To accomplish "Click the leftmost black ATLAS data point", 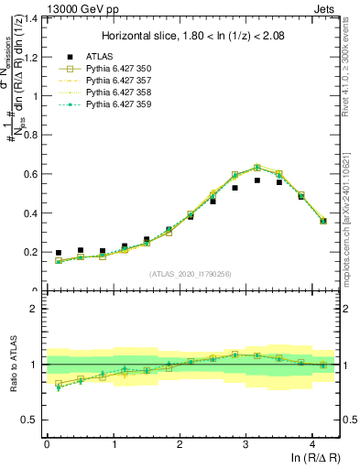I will [59, 253].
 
